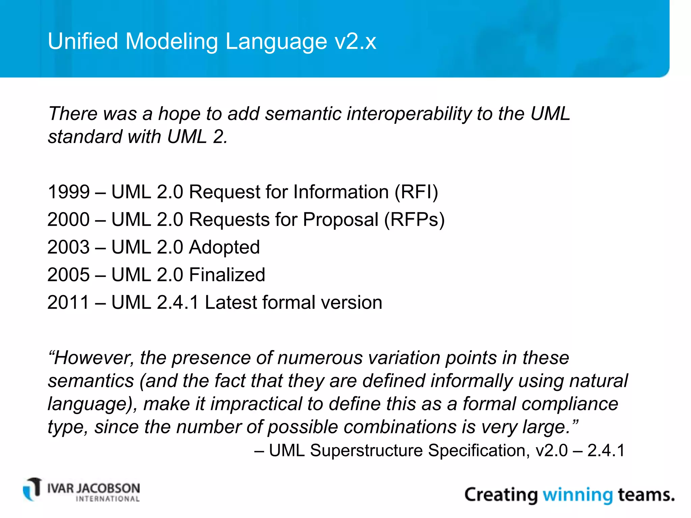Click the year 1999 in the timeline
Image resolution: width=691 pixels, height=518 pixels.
68,192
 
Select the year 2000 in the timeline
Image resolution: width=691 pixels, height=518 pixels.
68,220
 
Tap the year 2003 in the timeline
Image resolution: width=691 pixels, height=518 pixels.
68,248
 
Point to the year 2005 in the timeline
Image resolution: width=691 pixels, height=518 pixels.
68,275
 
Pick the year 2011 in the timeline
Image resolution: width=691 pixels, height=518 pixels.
68,303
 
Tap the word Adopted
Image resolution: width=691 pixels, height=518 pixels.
224,248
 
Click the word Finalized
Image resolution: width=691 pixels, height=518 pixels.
227,275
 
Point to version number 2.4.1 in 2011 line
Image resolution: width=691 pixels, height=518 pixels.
178,303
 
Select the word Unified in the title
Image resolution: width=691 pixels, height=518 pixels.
83,41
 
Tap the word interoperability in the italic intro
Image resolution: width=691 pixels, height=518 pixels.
409,114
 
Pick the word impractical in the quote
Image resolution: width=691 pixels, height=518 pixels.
256,404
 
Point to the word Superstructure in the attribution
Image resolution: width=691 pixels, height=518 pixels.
366,451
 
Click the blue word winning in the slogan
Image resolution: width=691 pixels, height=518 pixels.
577,495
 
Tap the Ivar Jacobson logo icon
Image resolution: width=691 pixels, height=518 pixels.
33,489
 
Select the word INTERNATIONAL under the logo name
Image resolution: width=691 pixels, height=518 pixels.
108,499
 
